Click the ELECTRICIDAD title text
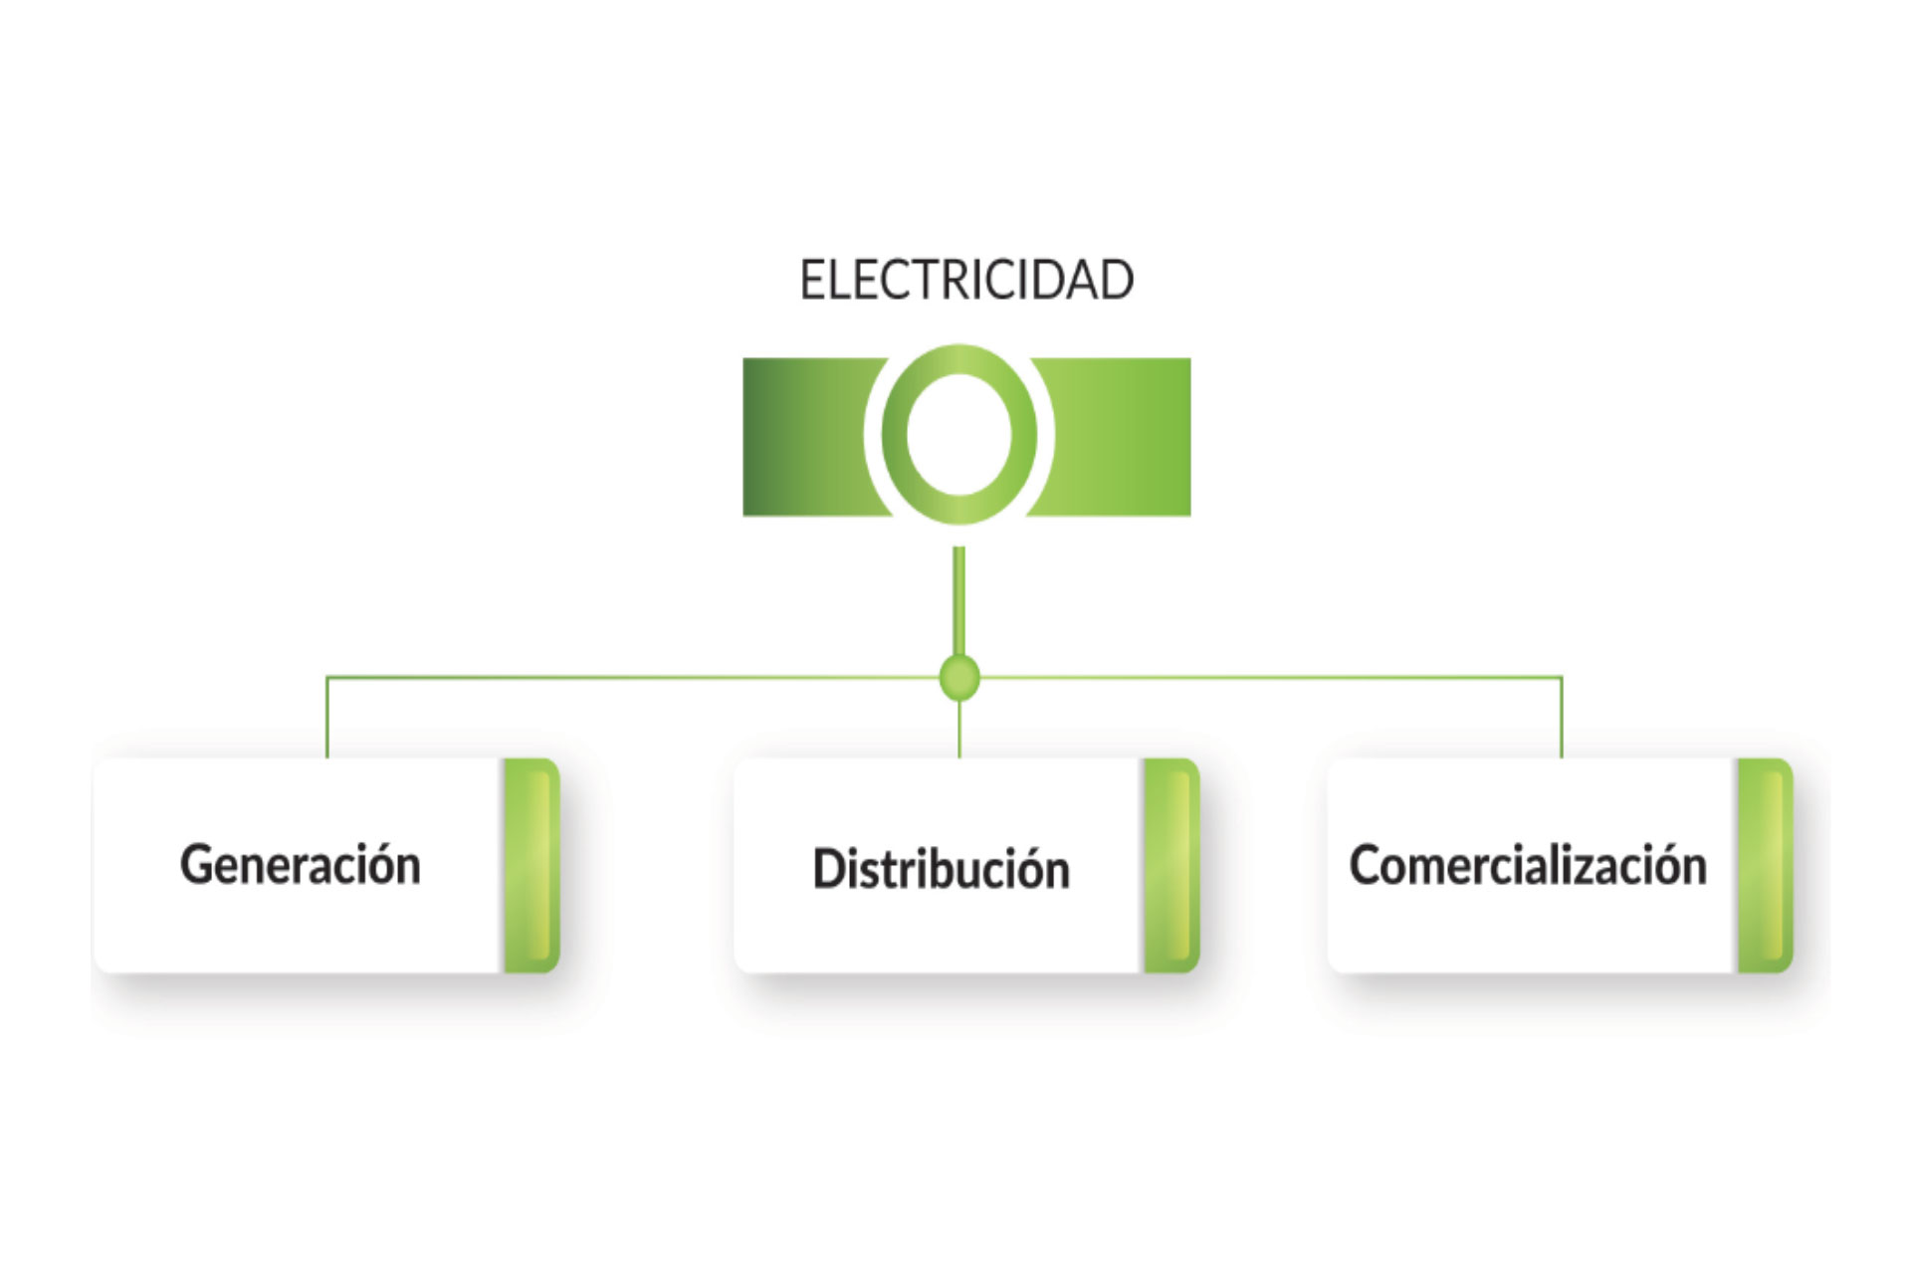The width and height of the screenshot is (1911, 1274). pyautogui.click(x=966, y=280)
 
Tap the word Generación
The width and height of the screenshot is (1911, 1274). pyautogui.click(x=300, y=864)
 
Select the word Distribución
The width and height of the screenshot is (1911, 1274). pyautogui.click(x=941, y=868)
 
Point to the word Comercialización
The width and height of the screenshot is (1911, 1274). pyautogui.click(x=1527, y=864)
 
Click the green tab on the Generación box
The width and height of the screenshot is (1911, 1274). pyautogui.click(x=531, y=865)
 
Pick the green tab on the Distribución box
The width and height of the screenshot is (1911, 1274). pyautogui.click(x=1171, y=865)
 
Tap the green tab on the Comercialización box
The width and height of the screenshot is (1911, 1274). pyautogui.click(x=1765, y=865)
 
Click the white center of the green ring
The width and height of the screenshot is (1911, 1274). pyautogui.click(x=958, y=435)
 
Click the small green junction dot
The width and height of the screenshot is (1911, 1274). pyautogui.click(x=959, y=678)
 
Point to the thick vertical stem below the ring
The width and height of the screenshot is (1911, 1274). pyautogui.click(x=959, y=597)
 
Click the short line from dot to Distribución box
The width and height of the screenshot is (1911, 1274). pyautogui.click(x=959, y=732)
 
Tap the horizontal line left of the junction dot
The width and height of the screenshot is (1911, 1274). pyautogui.click(x=637, y=678)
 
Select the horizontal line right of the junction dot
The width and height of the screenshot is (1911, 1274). pyautogui.click(x=1264, y=678)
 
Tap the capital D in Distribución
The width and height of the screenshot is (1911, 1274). pyautogui.click(x=828, y=868)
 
